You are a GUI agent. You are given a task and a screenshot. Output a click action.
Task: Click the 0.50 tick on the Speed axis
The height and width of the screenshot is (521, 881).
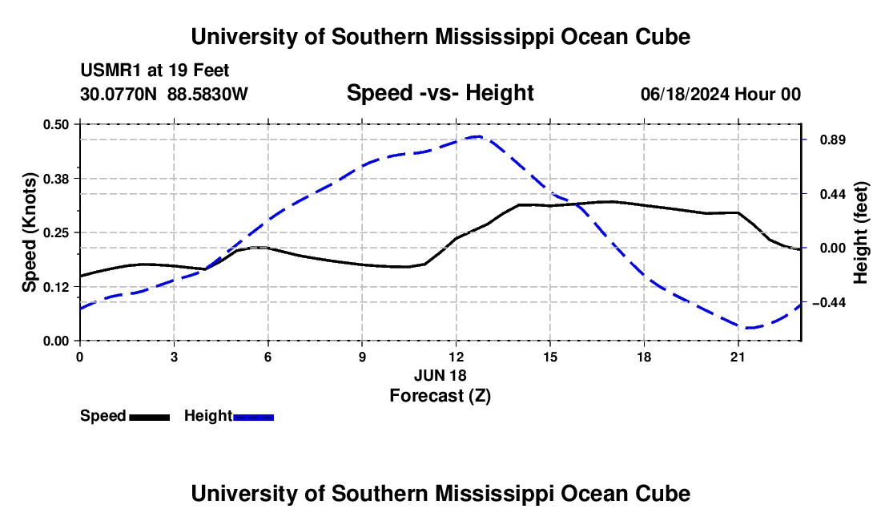tap(55, 124)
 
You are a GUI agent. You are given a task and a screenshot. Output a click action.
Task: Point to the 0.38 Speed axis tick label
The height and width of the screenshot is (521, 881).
tap(55, 179)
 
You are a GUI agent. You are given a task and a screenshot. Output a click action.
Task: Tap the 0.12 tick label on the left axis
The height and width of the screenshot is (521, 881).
tap(55, 287)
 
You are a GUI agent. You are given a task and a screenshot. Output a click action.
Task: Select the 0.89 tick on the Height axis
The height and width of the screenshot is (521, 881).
tap(833, 140)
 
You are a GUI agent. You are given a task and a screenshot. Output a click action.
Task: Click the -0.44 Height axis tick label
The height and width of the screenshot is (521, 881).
tap(829, 303)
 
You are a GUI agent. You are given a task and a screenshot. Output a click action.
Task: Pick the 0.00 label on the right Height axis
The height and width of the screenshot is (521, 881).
tap(833, 248)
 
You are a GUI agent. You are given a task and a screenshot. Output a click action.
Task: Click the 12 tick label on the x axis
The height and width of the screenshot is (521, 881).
tap(457, 357)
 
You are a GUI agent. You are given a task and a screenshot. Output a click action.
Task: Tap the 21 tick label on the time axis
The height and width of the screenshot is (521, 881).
tap(738, 357)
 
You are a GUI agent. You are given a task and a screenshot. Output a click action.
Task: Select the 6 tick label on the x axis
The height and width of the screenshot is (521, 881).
tap(268, 357)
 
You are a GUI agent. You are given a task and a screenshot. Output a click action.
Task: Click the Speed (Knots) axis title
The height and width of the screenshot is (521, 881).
tap(29, 232)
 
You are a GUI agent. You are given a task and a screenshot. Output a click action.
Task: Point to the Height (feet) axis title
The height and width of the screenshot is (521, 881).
tap(860, 232)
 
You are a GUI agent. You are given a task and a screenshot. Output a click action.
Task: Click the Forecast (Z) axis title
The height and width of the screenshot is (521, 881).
tap(440, 396)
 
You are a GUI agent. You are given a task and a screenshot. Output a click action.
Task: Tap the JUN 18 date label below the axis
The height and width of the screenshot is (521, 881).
tap(440, 375)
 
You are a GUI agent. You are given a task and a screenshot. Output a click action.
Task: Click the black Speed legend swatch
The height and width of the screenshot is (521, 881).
tap(150, 417)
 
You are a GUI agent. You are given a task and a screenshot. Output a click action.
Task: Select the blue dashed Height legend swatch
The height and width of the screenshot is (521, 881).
tap(253, 417)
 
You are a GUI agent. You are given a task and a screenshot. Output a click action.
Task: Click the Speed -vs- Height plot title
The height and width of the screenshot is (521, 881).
tap(440, 93)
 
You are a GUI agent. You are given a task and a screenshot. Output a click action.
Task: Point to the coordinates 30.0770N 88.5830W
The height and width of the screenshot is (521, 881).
tap(163, 94)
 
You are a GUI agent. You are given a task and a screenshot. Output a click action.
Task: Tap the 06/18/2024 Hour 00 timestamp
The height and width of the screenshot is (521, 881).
tap(721, 94)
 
